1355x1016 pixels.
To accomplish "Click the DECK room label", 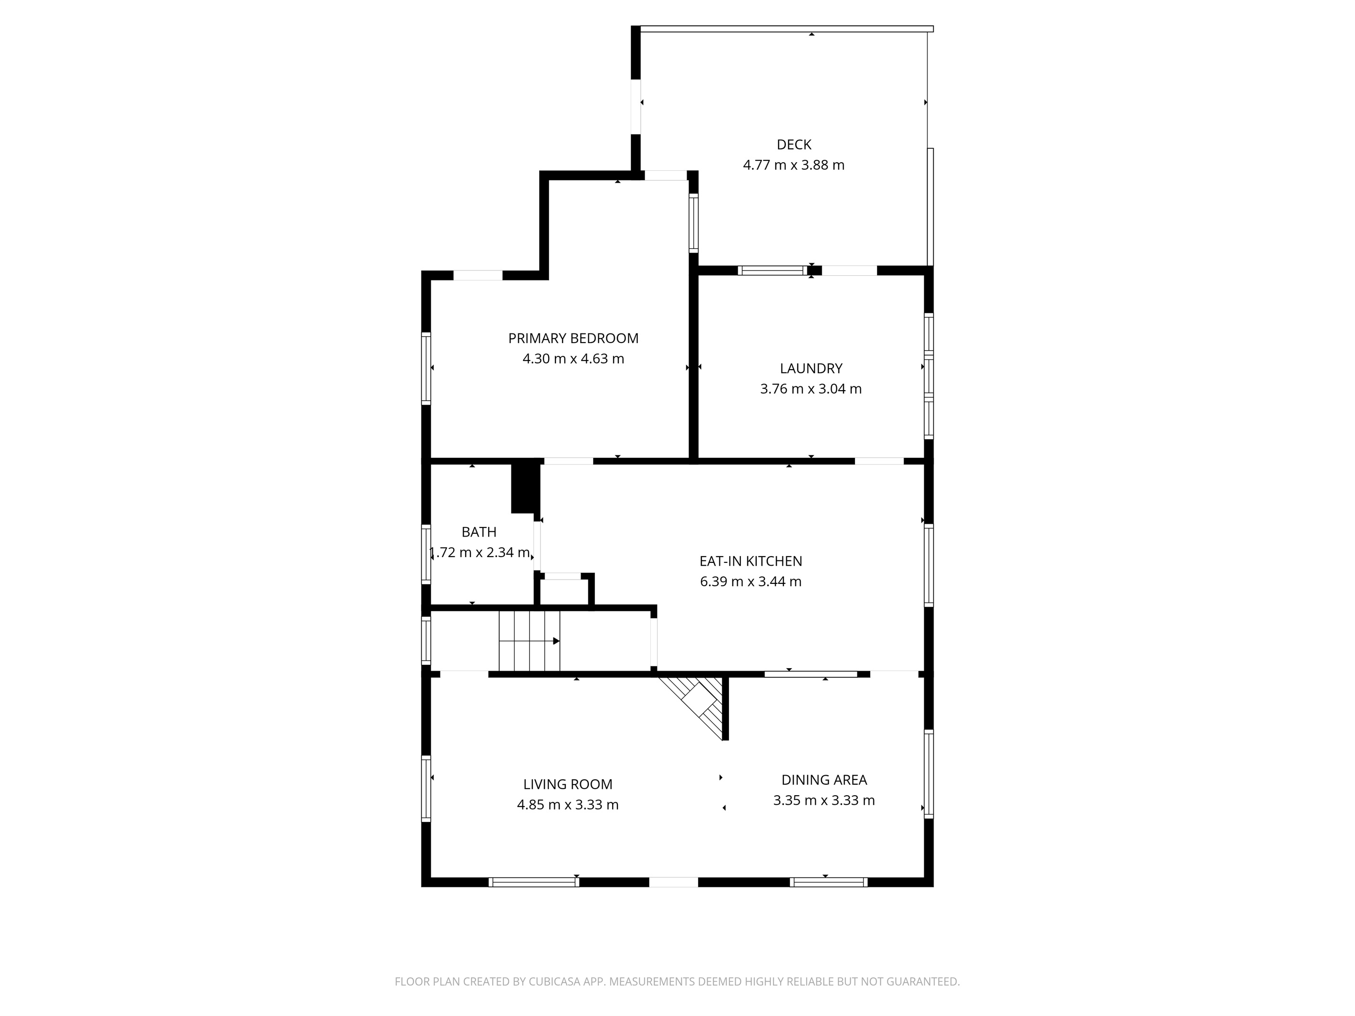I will (793, 145).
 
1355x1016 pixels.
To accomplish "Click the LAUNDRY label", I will (811, 368).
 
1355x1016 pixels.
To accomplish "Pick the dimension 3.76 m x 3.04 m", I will (811, 389).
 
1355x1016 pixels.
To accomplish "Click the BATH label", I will (479, 532).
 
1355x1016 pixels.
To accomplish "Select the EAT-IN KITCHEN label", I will (750, 561).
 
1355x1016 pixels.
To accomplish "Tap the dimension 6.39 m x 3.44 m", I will (750, 582).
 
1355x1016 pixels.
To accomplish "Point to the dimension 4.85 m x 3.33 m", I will (567, 805).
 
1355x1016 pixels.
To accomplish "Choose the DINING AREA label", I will (824, 779).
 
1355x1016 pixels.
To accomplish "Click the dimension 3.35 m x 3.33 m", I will (824, 800).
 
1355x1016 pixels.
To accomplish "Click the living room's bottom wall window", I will (533, 882).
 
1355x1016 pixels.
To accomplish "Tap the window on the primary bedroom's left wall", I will (426, 368).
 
